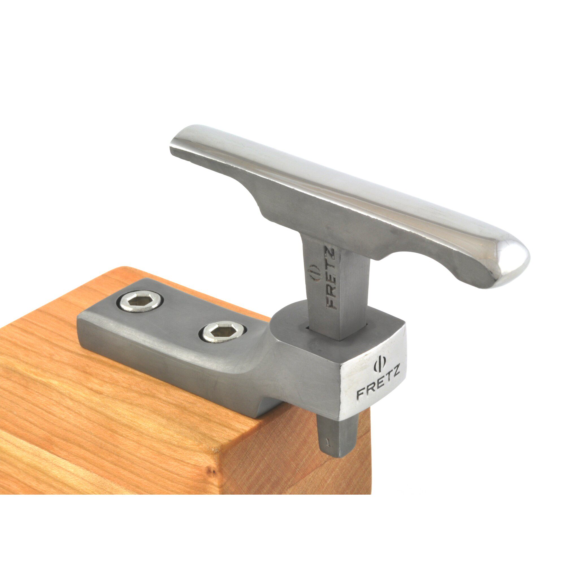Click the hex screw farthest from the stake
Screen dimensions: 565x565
click(140, 302)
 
